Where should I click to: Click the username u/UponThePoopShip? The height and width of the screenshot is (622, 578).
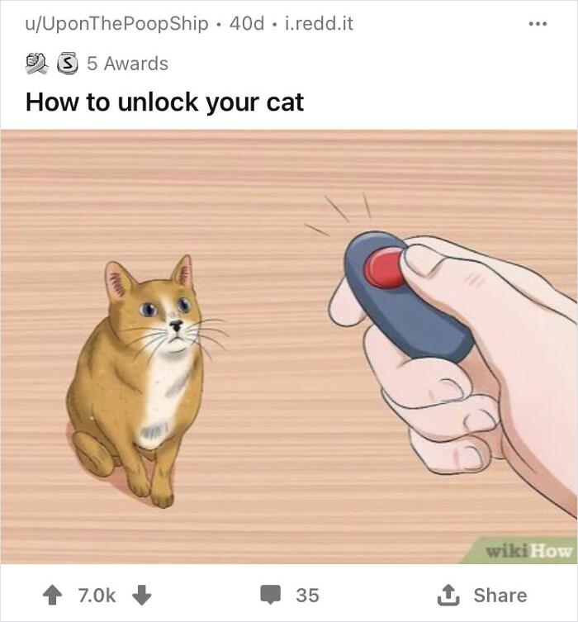[116, 23]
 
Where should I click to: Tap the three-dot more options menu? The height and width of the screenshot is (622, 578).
[538, 23]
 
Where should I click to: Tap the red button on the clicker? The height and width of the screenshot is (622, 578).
[385, 268]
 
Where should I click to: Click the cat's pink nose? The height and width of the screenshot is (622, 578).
[176, 325]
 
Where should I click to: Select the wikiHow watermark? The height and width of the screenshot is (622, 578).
[528, 551]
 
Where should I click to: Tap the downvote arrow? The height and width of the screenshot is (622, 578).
[141, 595]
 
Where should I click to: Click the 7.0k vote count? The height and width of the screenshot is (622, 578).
[97, 595]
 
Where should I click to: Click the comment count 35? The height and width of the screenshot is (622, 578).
[307, 595]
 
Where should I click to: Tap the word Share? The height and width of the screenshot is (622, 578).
[500, 595]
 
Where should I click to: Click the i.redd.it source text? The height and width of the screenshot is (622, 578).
[318, 23]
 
